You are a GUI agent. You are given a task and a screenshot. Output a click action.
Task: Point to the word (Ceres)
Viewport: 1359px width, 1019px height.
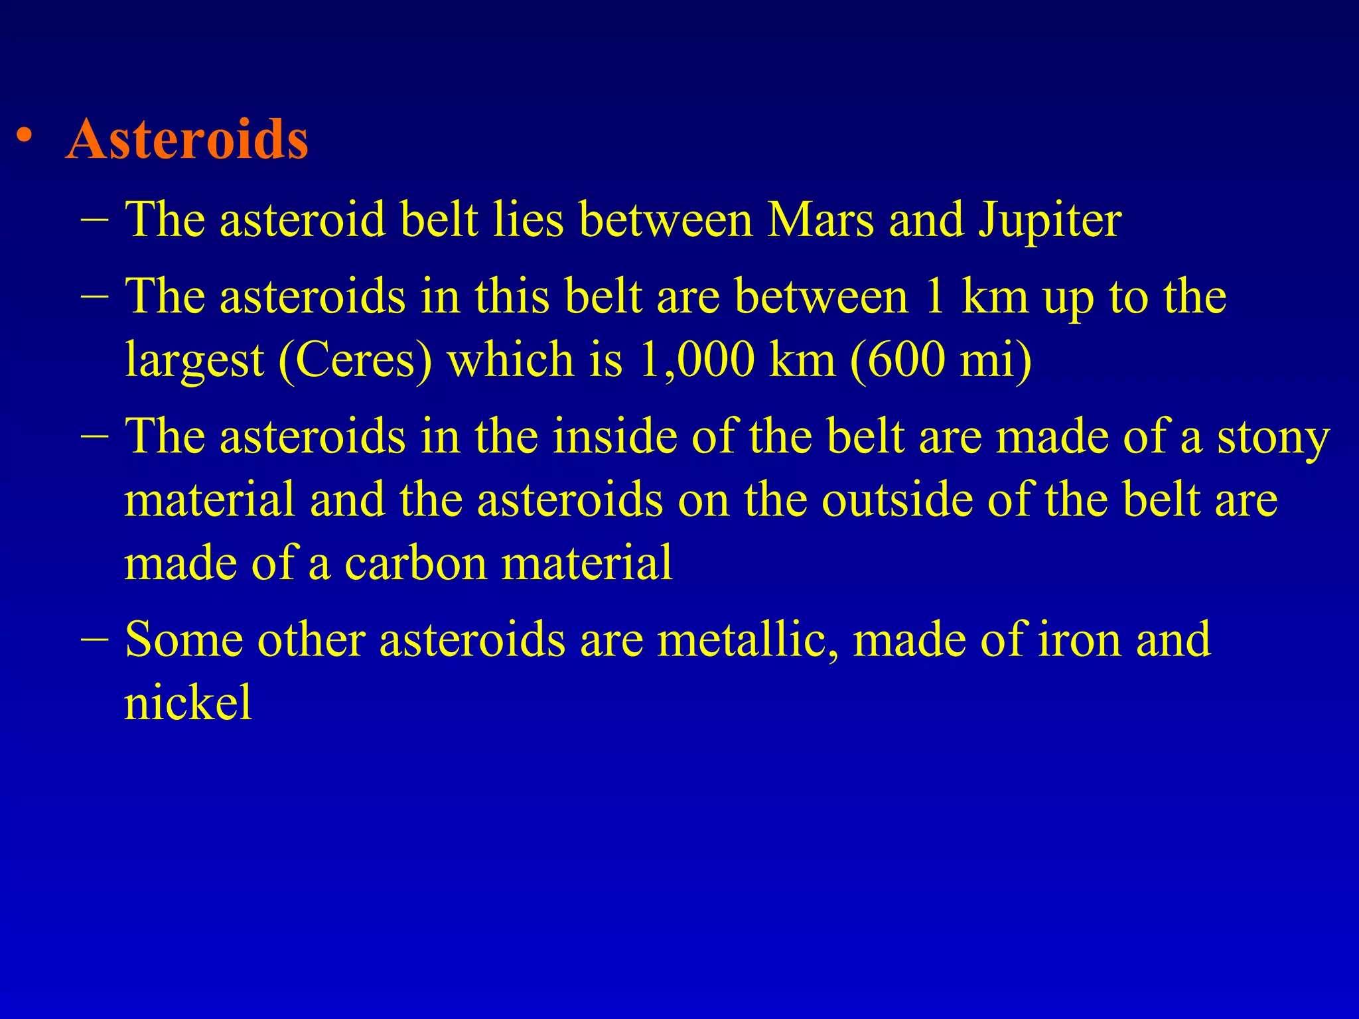pyautogui.click(x=355, y=360)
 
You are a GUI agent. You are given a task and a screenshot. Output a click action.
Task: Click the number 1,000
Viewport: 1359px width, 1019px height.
pyautogui.click(x=696, y=360)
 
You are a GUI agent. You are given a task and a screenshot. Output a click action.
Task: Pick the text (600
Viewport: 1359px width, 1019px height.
pyautogui.click(x=897, y=360)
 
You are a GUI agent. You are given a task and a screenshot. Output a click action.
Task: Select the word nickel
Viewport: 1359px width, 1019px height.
pyautogui.click(x=188, y=702)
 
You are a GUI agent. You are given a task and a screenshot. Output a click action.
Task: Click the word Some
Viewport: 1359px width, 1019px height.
pyautogui.click(x=184, y=640)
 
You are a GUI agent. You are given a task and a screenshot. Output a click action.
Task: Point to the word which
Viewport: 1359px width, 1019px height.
pyautogui.click(x=510, y=360)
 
